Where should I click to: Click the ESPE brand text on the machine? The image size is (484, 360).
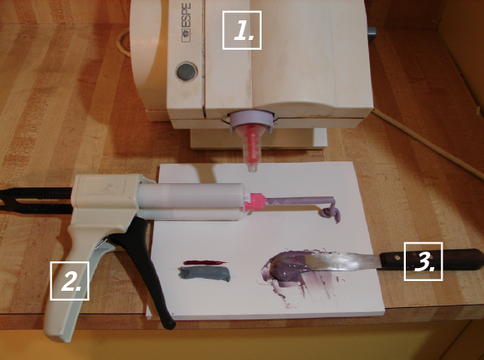pos(186,23)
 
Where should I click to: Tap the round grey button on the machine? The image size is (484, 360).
pos(187,72)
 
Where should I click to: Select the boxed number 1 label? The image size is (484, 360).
pos(242,30)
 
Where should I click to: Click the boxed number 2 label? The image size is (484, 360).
pos(69,281)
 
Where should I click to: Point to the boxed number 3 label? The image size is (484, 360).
pos(424,261)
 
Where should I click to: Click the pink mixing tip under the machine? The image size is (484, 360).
pos(252,147)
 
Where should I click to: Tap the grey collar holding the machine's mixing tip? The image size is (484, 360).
pos(251,121)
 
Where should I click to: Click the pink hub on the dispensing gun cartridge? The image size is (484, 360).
pos(255,202)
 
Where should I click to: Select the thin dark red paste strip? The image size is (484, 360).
pos(205,263)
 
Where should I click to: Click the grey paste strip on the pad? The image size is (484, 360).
pos(205,274)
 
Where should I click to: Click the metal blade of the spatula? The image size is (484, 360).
pos(342,261)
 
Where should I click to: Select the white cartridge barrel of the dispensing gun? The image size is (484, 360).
pos(191,201)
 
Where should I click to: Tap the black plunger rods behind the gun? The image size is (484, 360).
pos(36,200)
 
